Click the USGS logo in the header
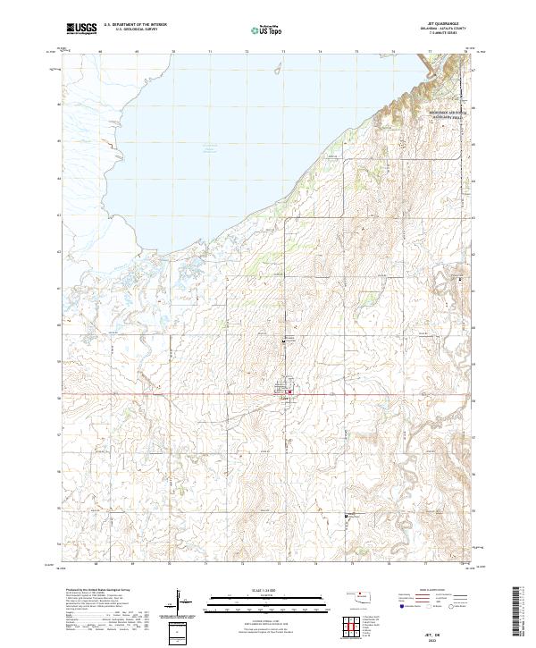82,29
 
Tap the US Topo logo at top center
267,29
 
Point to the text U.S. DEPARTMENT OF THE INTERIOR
135,26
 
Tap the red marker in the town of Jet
289,390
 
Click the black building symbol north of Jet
285,341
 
